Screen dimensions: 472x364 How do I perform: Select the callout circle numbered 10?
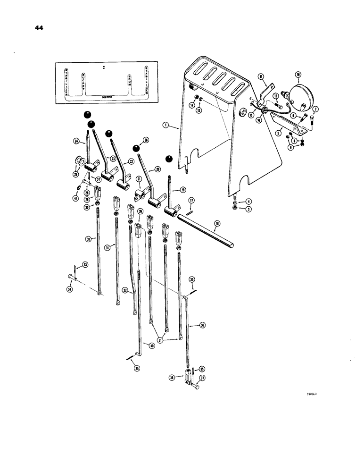[x=298, y=75]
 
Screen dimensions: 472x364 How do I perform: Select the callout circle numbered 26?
[x=145, y=140]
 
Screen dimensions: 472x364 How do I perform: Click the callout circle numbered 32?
[x=125, y=291]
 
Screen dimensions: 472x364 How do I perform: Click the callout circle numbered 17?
[x=191, y=201]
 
